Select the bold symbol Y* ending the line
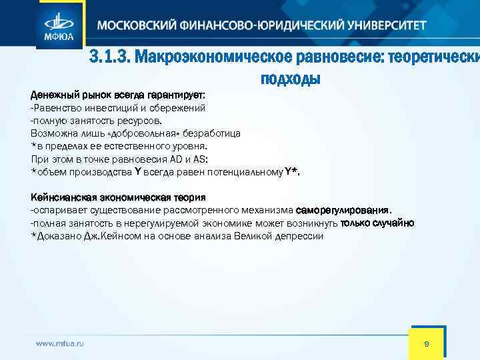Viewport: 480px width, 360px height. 292,171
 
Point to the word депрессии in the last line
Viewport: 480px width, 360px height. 301,236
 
